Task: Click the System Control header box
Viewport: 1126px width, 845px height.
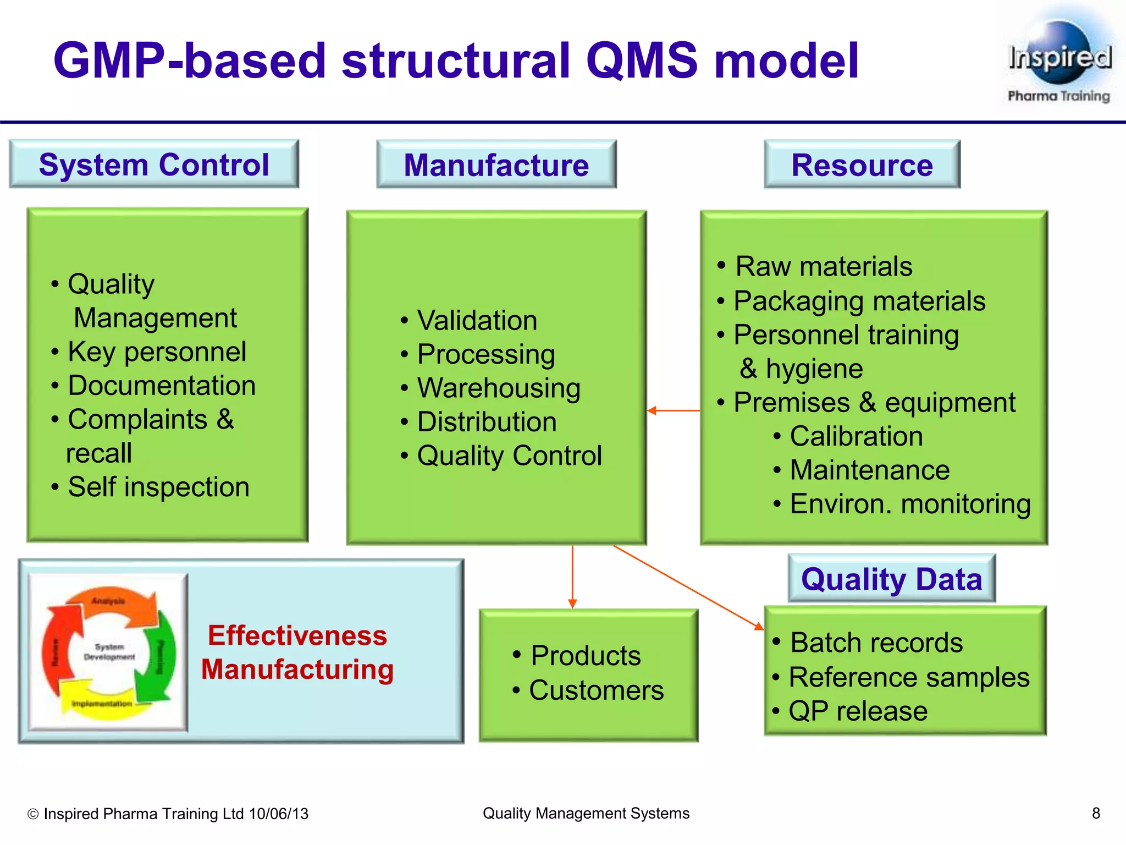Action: point(154,164)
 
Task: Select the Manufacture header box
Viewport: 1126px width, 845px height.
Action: point(496,164)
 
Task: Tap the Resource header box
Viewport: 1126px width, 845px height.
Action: point(862,164)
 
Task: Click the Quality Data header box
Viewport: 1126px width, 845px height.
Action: point(891,579)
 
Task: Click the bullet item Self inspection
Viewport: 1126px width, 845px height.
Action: point(158,487)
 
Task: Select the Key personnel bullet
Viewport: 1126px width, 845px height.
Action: point(157,352)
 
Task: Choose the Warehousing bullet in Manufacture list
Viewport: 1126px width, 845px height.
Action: point(498,388)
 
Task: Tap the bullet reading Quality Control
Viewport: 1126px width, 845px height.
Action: point(509,456)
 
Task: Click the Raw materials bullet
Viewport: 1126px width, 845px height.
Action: point(823,266)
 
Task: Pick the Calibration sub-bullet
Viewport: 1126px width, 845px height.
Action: point(856,436)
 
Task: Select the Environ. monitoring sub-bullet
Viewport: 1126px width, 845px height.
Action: point(910,504)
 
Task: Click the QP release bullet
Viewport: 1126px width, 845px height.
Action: point(858,711)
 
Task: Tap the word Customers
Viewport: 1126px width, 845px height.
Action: point(596,690)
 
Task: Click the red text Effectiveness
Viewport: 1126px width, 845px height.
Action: point(297,635)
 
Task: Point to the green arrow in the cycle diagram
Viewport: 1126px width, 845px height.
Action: point(161,657)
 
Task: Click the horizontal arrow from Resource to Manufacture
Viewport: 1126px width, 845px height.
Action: point(674,410)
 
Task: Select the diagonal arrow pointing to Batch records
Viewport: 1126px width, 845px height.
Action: point(687,588)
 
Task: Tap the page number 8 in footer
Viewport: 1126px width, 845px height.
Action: point(1095,813)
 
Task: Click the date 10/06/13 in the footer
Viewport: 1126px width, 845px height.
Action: point(278,814)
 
